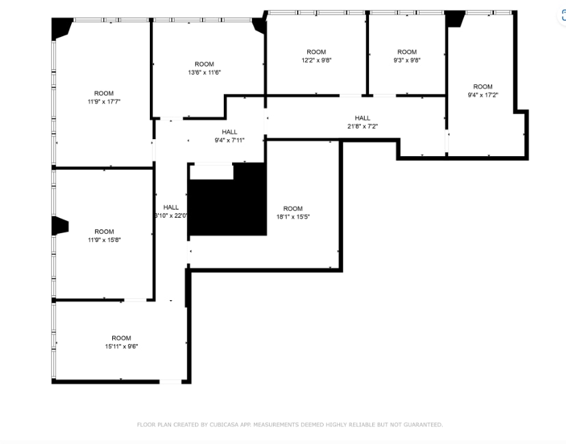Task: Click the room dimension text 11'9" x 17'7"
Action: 104,101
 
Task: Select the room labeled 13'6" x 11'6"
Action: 204,72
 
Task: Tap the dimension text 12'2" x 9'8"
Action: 316,60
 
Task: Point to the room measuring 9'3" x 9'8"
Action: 407,60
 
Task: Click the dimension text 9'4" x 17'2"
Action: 483,95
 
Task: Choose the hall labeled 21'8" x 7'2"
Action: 362,126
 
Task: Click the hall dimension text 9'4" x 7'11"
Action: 229,140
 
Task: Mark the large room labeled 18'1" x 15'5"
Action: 292,217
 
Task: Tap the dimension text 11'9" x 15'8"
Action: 104,240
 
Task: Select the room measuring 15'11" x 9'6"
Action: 121,346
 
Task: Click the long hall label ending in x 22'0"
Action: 171,215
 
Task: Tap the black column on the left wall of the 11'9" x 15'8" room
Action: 60,226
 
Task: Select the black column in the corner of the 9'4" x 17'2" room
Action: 455,19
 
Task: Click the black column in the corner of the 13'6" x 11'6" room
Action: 259,25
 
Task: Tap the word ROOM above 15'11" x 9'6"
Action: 121,338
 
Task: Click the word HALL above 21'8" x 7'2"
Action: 362,118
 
